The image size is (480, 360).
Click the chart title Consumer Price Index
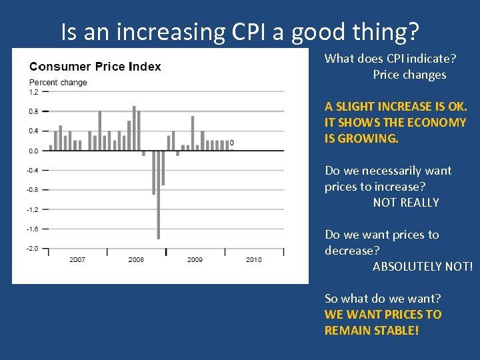[95, 67]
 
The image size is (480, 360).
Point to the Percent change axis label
[58, 83]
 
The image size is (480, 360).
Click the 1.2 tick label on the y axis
[33, 92]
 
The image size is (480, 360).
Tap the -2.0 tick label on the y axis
[33, 249]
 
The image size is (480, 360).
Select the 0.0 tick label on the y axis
[33, 151]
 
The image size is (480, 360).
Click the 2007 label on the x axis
[77, 259]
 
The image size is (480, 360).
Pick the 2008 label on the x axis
[136, 259]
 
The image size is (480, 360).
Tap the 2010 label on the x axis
[253, 259]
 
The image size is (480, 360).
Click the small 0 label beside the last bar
[231, 143]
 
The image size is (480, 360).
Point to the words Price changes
[409, 75]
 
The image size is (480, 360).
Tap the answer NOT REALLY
[406, 203]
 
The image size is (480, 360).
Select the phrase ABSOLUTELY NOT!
[423, 267]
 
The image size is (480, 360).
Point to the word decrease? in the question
[352, 251]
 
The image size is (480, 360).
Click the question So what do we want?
[383, 299]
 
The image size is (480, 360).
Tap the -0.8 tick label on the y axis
[33, 190]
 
